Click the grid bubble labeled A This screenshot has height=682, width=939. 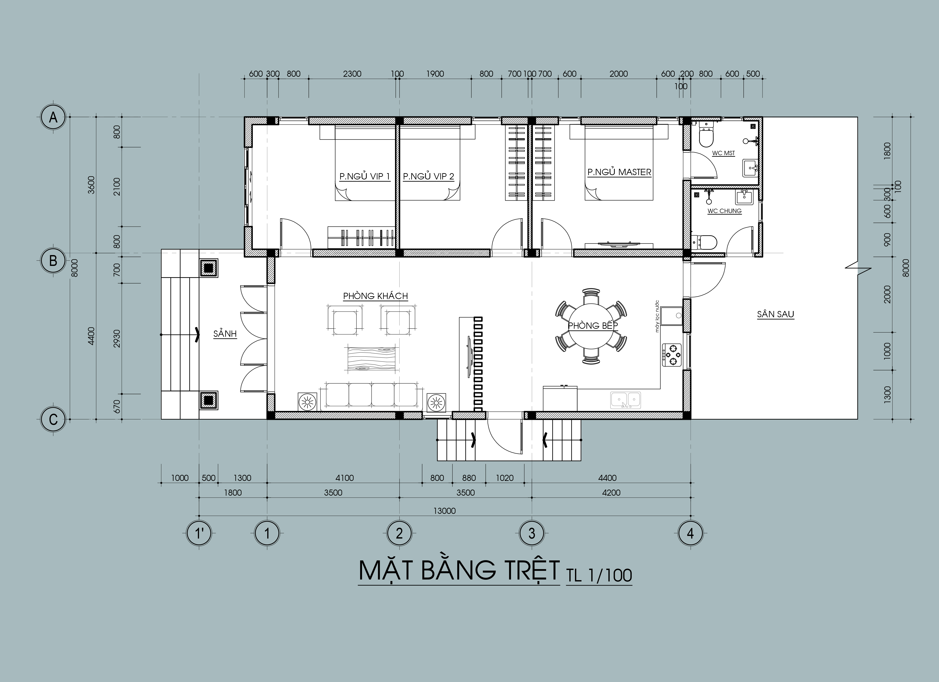(x=53, y=118)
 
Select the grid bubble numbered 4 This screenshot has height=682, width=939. (x=690, y=533)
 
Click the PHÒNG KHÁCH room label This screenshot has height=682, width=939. (x=376, y=296)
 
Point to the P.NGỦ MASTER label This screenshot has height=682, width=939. (x=619, y=172)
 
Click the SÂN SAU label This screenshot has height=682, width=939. (x=776, y=314)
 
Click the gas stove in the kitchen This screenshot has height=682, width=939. (x=671, y=355)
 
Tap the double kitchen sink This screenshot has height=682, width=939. (x=625, y=400)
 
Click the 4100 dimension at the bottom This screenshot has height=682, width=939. (x=345, y=478)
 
